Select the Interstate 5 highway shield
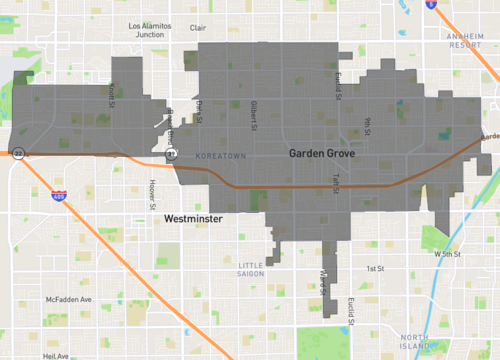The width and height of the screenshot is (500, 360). [x=431, y=4]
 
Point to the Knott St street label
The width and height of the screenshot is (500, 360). [x=112, y=92]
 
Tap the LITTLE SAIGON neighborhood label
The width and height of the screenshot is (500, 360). [x=248, y=257]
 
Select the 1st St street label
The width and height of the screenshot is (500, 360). [x=375, y=269]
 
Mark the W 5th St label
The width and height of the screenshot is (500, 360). [x=451, y=254]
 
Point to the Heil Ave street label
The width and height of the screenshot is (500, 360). [x=56, y=356]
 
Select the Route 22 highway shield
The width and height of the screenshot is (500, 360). [x=18, y=154]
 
